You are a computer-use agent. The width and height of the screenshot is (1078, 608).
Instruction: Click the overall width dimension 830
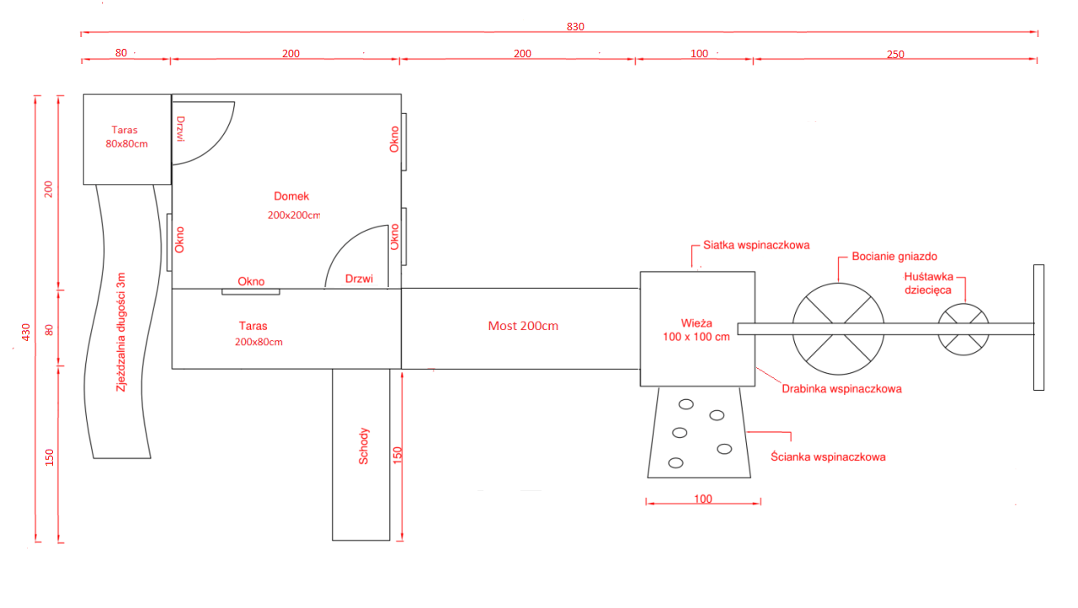575,27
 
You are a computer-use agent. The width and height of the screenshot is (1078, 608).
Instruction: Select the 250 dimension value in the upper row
895,55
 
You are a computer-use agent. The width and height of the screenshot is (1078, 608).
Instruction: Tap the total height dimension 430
26,333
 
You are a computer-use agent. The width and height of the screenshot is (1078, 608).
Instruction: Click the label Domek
291,196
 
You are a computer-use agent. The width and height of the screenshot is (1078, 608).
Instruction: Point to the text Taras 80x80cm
126,136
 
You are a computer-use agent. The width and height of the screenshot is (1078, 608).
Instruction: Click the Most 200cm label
523,326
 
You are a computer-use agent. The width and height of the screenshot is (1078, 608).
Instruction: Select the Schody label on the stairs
363,446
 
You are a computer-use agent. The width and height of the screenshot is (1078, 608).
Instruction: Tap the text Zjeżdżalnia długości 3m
120,332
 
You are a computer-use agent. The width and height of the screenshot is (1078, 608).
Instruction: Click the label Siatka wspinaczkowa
756,245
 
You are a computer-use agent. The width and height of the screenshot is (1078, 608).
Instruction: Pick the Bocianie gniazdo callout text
894,256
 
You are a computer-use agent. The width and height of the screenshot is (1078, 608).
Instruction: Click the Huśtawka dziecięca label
928,283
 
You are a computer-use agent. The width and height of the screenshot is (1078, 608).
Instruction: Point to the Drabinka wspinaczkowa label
841,389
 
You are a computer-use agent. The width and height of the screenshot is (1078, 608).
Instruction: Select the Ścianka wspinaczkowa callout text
828,456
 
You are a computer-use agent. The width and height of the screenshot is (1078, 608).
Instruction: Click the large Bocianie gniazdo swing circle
838,284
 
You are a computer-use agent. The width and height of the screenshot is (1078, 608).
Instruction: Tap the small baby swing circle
963,304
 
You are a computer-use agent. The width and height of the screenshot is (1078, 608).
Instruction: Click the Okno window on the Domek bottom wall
251,291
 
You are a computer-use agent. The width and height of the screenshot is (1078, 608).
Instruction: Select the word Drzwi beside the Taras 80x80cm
180,129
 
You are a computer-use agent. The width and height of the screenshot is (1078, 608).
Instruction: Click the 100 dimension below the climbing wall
703,499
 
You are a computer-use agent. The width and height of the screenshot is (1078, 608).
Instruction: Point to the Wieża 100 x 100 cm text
696,330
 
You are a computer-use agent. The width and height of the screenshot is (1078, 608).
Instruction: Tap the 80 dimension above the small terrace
121,53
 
